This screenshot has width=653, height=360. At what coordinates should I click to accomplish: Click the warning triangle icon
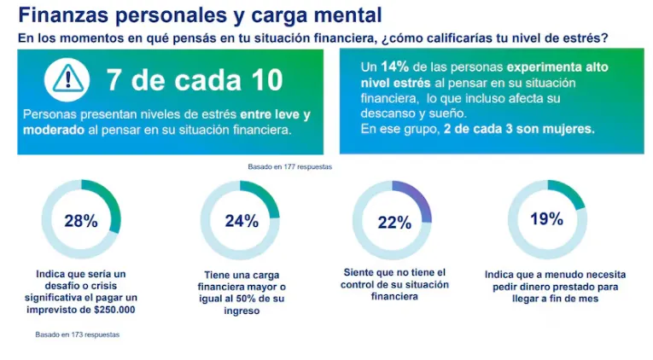tap(64, 78)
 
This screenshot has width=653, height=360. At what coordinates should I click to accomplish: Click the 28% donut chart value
tap(81, 221)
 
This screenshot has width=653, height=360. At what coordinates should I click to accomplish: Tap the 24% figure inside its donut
tap(241, 221)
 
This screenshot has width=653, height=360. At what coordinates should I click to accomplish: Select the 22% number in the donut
tap(394, 223)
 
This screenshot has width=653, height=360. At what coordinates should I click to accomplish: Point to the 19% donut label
tap(546, 219)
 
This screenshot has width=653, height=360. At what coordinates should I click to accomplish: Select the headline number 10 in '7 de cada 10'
tap(260, 80)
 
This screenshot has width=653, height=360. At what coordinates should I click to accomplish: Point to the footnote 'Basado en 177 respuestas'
tap(289, 167)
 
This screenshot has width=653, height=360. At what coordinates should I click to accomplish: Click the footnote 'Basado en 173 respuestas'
tap(77, 334)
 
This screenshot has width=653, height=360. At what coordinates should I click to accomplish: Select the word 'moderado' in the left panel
tap(52, 131)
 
